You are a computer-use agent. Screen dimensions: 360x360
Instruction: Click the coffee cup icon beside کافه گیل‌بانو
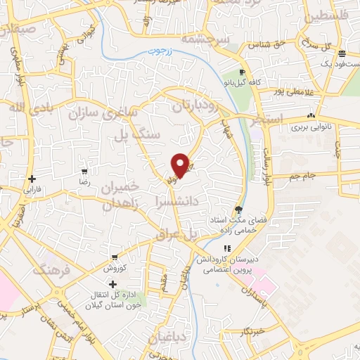(x=243, y=72)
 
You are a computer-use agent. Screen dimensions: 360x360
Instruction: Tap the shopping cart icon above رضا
(x=84, y=172)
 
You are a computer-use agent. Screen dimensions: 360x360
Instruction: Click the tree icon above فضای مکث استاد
(x=239, y=210)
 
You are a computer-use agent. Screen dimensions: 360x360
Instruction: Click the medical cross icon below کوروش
(x=112, y=283)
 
